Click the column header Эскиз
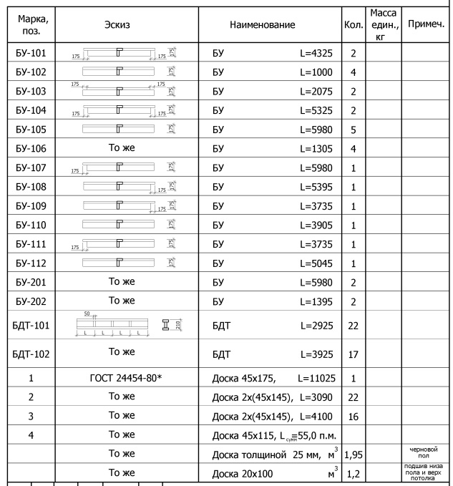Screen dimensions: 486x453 click(x=125, y=24)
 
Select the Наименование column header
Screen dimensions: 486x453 click(x=262, y=24)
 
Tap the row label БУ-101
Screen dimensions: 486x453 click(x=29, y=54)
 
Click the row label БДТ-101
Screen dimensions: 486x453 click(x=29, y=326)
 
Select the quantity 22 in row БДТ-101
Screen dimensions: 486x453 click(x=353, y=326)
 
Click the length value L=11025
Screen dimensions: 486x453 click(x=313, y=377)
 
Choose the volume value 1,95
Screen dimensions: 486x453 click(x=353, y=453)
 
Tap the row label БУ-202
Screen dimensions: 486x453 click(x=29, y=300)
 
